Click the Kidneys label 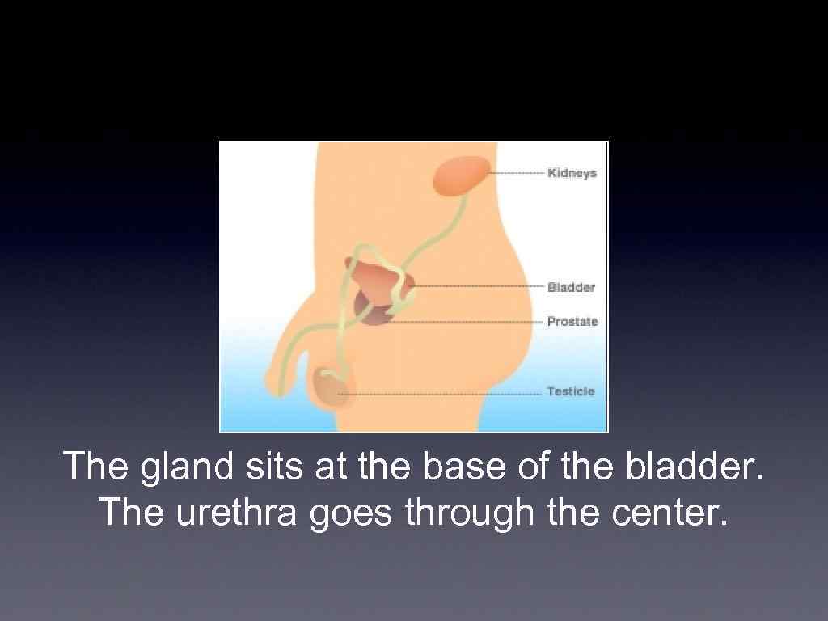pyautogui.click(x=572, y=173)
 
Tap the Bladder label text pyautogui.click(x=571, y=288)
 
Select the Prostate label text pyautogui.click(x=572, y=322)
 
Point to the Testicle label pyautogui.click(x=570, y=391)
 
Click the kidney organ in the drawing pyautogui.click(x=462, y=176)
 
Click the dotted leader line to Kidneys pyautogui.click(x=517, y=173)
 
